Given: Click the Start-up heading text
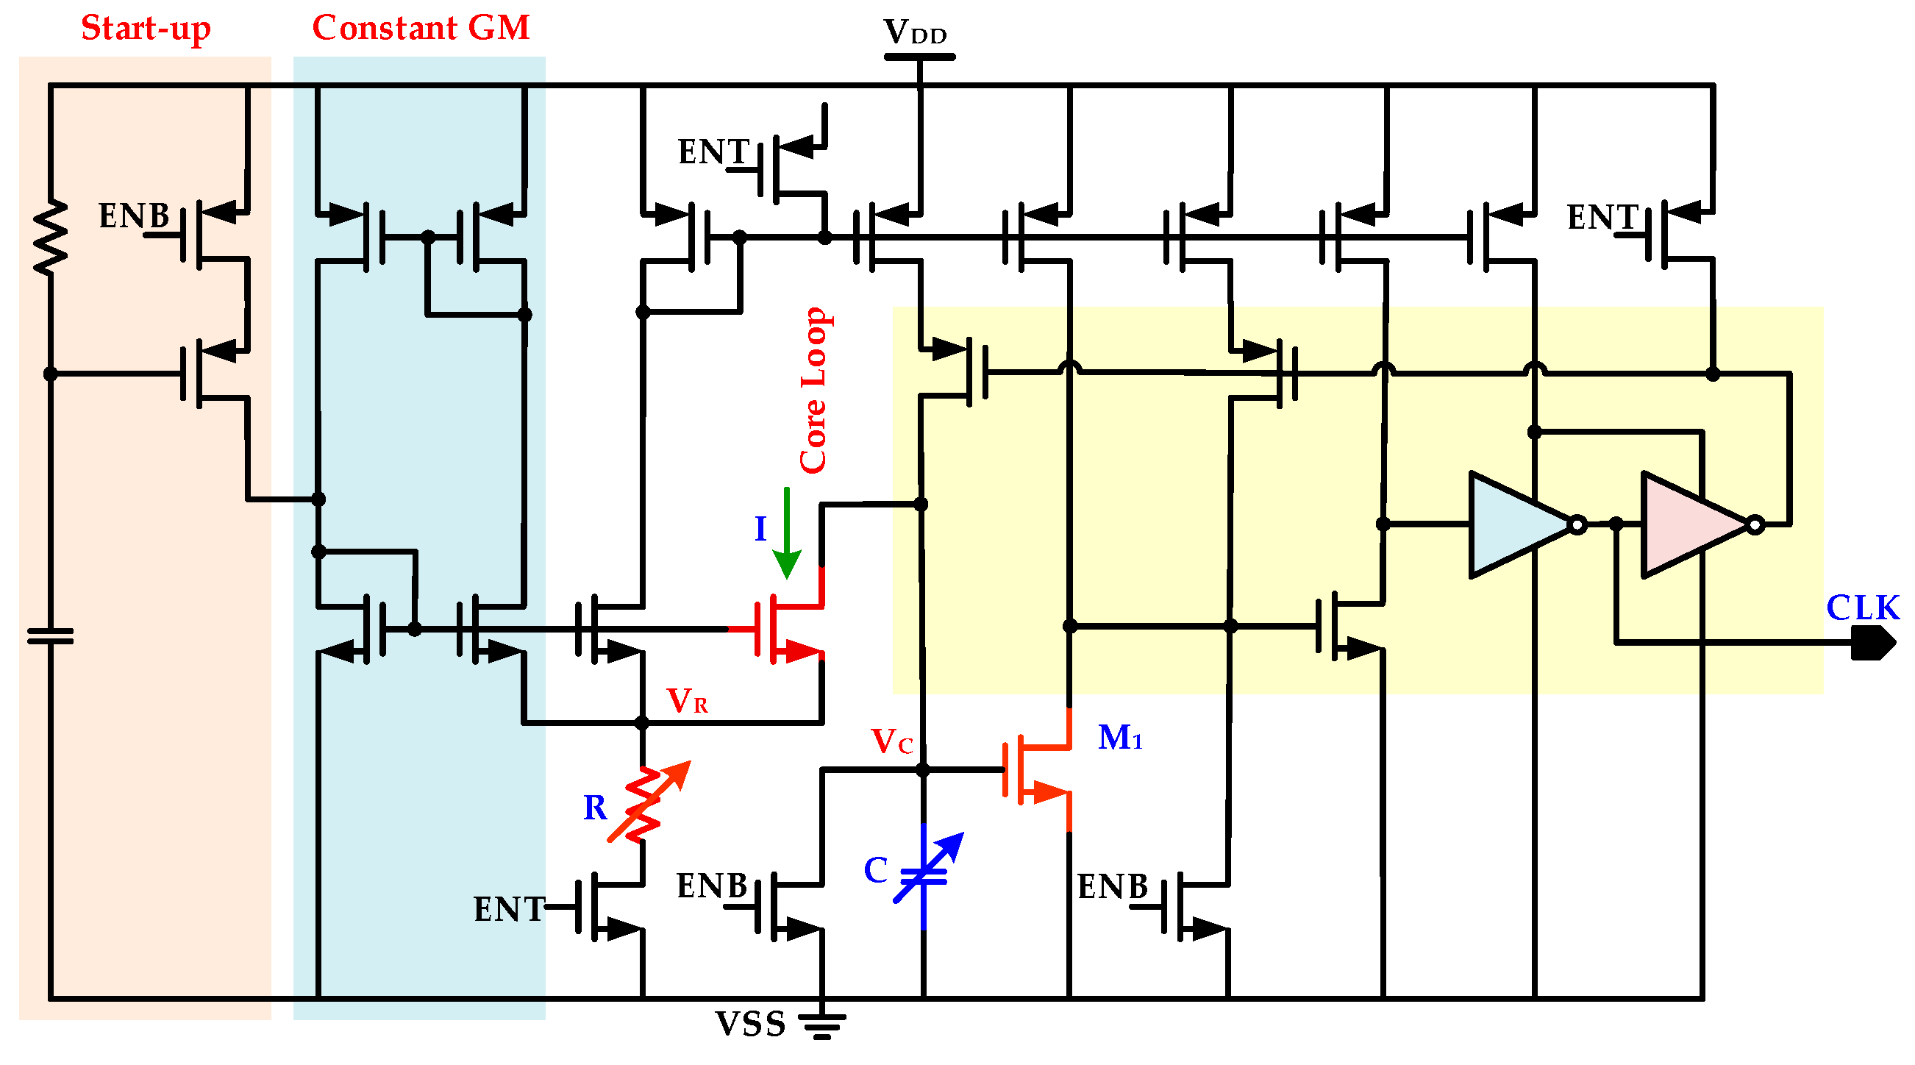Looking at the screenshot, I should click(x=146, y=28).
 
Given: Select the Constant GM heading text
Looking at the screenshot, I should click(x=420, y=28).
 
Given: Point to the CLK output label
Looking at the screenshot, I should click(x=1861, y=608).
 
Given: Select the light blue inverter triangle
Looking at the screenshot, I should click(x=1516, y=525).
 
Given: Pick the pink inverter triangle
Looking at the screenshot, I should click(x=1691, y=525).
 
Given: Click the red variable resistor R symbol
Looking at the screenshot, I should click(x=643, y=804).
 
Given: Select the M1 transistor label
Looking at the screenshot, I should click(x=1119, y=738).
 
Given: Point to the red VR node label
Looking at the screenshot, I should click(x=686, y=701).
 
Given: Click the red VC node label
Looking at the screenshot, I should click(x=891, y=741).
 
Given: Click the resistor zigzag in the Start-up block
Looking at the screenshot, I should click(x=51, y=238).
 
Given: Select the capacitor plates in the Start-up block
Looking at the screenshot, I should click(x=51, y=636).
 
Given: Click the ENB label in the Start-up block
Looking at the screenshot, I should click(x=134, y=216).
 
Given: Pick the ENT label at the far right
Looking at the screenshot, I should click(x=1601, y=218).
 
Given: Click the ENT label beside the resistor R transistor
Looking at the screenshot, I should click(x=508, y=910).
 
